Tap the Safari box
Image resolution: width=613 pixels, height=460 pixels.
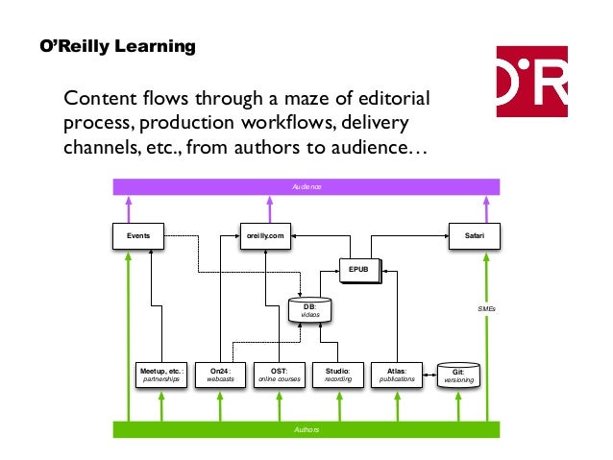point(475,234)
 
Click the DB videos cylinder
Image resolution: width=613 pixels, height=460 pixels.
point(310,310)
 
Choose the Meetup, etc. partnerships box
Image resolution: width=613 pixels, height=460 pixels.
point(161,375)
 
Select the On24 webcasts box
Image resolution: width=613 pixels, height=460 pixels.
point(220,375)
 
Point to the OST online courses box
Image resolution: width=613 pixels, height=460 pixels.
point(280,375)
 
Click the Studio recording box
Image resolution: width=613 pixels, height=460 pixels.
point(338,375)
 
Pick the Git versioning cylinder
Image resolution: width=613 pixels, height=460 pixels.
point(457,375)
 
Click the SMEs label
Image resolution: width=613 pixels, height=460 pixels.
point(486,309)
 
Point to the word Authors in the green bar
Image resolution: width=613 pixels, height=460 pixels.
point(306,430)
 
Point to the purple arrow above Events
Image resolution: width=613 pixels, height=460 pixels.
point(129,209)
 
